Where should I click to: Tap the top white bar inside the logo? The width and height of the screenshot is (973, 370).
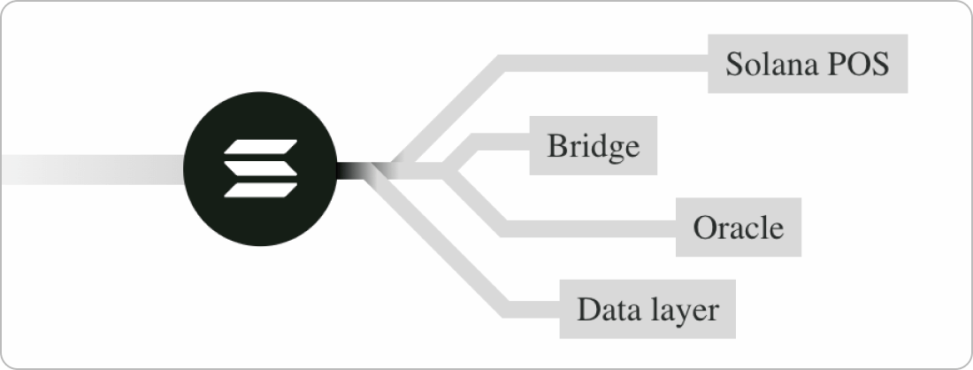coord(263,146)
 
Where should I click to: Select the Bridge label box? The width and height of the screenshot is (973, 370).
coord(593,145)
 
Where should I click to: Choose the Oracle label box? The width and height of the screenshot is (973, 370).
coord(739,228)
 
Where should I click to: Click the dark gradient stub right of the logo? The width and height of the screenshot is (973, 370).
coord(354,167)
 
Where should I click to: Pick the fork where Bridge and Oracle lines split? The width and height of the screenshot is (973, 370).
coord(446,167)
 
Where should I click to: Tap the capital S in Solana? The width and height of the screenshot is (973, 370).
coord(733,65)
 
